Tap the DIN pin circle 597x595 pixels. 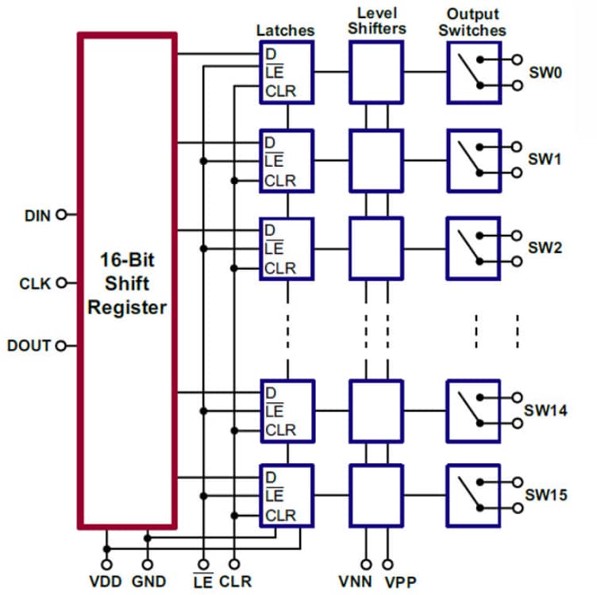pos(61,214)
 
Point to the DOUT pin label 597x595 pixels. pos(29,346)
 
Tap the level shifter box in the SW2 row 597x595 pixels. pos(376,247)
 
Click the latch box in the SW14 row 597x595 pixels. pos(287,411)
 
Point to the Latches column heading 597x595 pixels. pos(285,30)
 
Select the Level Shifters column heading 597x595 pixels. pos(377,21)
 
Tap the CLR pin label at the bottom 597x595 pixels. pos(235,582)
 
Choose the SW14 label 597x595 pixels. pos(545,410)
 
